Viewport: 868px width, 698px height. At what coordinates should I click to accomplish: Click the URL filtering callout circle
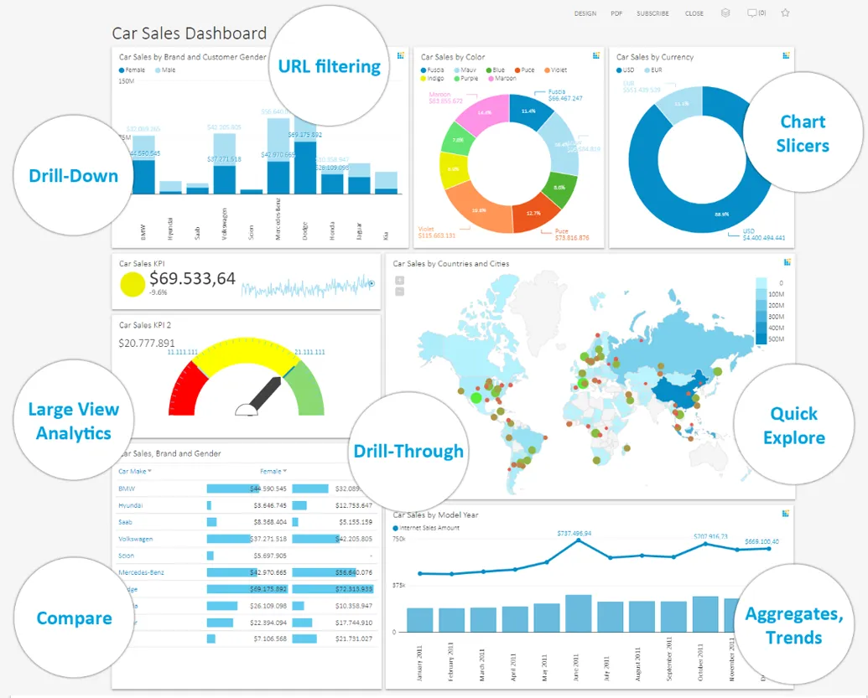pos(329,66)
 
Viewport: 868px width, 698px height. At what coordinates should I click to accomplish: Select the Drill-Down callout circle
pos(74,176)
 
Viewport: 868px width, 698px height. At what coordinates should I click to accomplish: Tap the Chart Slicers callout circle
pos(803,134)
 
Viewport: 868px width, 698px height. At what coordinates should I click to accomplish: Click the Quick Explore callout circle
pos(793,426)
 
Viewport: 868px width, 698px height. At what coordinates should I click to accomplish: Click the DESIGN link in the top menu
pos(585,13)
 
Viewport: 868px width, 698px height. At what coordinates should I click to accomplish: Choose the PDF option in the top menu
pos(616,13)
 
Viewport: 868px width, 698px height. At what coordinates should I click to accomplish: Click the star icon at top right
pos(786,13)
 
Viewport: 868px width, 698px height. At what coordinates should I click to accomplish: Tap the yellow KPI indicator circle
pos(133,285)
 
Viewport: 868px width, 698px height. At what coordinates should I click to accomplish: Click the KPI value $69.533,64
pos(192,279)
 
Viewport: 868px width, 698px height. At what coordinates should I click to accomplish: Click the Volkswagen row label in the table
pos(136,539)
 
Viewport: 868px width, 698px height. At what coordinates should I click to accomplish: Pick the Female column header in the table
pos(271,471)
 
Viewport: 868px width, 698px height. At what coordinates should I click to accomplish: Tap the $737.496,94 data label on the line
pos(576,533)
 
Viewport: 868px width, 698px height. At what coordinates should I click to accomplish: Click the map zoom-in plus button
pos(399,281)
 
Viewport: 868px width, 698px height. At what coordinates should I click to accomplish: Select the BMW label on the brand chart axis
pos(144,230)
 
